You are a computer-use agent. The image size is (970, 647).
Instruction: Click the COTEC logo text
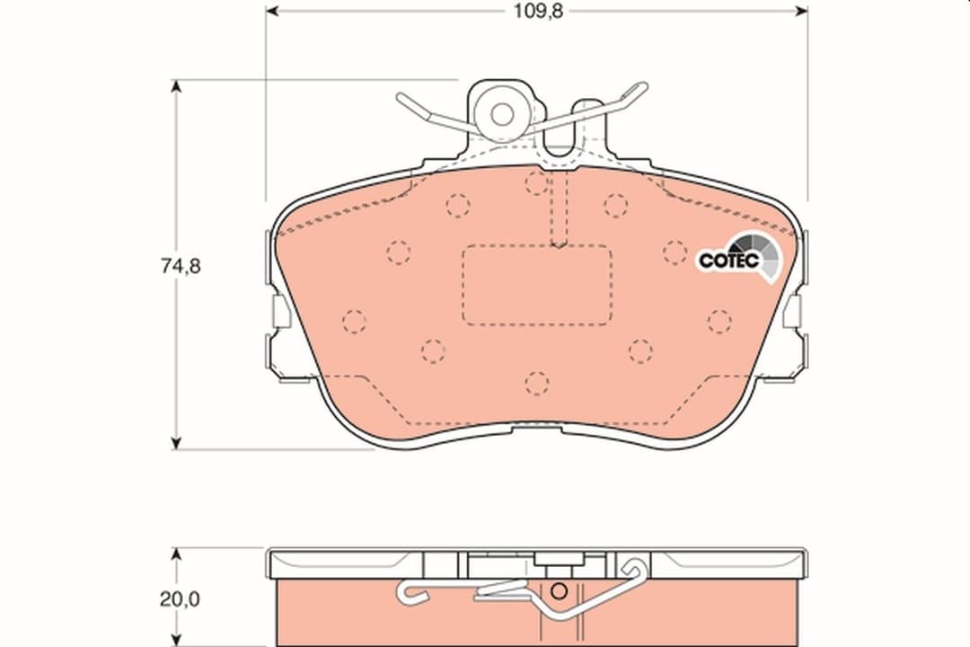click(x=728, y=261)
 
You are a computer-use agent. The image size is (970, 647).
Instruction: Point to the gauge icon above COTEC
click(x=754, y=246)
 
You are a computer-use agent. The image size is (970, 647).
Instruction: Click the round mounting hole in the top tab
click(x=501, y=114)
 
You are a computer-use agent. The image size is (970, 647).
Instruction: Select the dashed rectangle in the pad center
click(x=537, y=285)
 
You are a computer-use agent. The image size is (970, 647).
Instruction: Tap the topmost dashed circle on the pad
click(x=537, y=183)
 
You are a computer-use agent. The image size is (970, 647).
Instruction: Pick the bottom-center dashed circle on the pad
click(x=537, y=384)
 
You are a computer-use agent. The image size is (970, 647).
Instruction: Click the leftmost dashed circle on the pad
click(x=355, y=321)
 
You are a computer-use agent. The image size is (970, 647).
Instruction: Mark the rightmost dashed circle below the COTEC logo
click(x=719, y=321)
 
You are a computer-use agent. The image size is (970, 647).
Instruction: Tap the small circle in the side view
click(x=558, y=591)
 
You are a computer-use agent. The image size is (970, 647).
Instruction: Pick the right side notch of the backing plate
click(x=794, y=312)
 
